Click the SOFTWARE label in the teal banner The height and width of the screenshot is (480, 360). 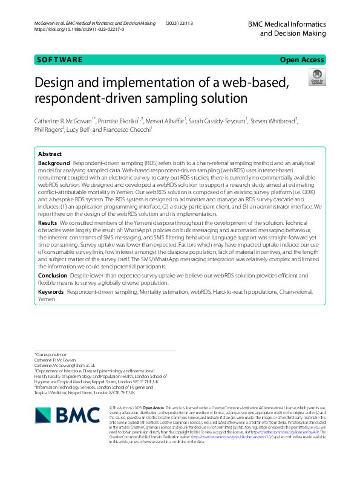tap(59, 60)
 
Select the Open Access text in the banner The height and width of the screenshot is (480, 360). tap(303, 60)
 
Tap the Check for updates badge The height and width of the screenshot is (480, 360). tap(316, 78)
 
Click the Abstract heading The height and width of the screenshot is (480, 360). tap(50, 155)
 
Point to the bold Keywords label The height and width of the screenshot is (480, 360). tap(51, 292)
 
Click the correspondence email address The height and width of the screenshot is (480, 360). tap(65, 366)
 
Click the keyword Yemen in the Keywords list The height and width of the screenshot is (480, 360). tap(47, 299)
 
